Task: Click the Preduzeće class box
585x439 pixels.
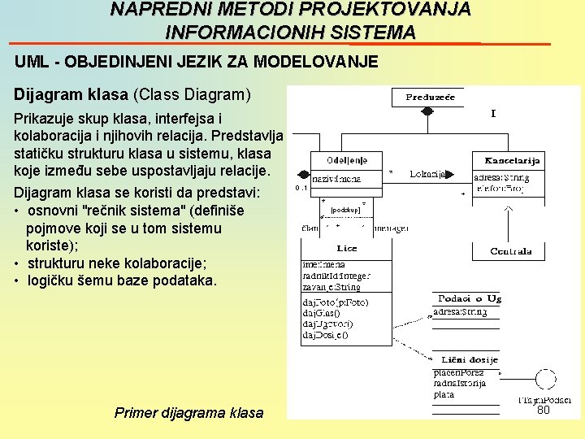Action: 431,98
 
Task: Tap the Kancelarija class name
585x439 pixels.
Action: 513,159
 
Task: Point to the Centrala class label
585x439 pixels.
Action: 511,251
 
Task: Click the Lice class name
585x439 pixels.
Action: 346,249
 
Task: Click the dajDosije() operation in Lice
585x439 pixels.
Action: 326,335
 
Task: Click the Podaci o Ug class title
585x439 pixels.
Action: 470,299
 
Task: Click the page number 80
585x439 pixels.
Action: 544,411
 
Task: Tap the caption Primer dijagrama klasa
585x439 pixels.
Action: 189,413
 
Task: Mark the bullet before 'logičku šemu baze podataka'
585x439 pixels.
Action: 17,281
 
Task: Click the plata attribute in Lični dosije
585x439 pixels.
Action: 444,395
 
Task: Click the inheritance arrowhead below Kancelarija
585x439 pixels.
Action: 509,210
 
